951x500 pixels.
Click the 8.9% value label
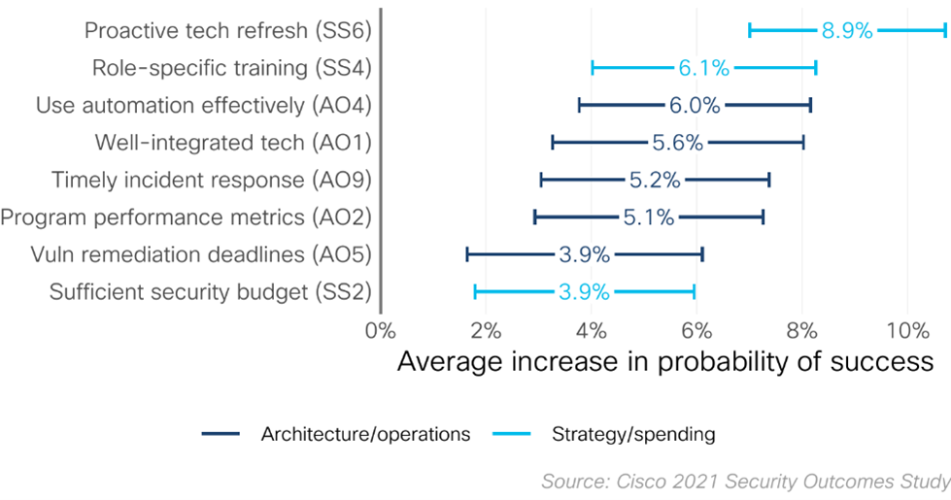[847, 30]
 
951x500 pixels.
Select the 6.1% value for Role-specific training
[703, 68]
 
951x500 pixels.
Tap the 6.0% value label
[694, 106]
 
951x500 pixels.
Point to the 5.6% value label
[677, 143]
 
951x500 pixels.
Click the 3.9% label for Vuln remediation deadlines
[584, 255]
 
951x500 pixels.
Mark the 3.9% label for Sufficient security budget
[583, 292]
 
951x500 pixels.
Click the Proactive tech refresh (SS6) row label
[228, 30]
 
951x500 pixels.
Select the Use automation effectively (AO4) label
[204, 106]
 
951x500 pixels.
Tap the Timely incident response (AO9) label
[212, 181]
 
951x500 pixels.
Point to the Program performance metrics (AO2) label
[187, 217]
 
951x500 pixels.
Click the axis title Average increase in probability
[664, 362]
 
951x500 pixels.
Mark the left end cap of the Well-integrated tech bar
[553, 143]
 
